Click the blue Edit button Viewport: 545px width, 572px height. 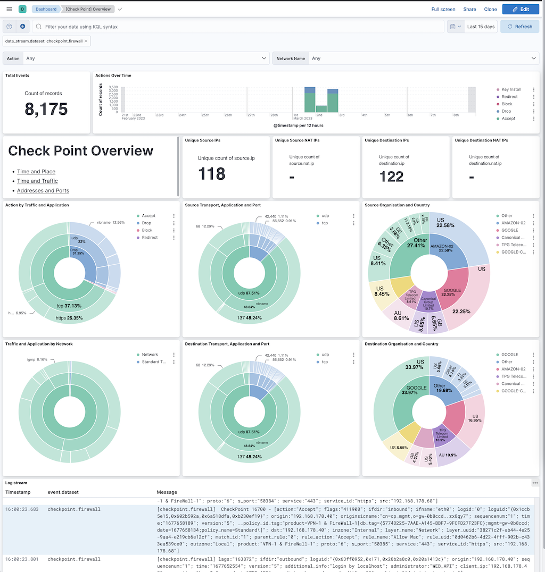pyautogui.click(x=521, y=9)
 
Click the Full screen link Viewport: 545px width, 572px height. pyautogui.click(x=443, y=9)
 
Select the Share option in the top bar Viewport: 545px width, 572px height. pyautogui.click(x=469, y=9)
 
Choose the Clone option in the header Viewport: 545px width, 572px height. pyautogui.click(x=490, y=9)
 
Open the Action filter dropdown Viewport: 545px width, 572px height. pyautogui.click(x=136, y=58)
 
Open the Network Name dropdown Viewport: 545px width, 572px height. pyautogui.click(x=406, y=58)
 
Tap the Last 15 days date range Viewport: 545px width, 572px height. pyautogui.click(x=481, y=27)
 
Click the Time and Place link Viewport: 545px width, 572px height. pyautogui.click(x=36, y=172)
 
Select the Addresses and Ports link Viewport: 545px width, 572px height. pyautogui.click(x=43, y=191)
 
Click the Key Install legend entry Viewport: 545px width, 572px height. pyautogui.click(x=511, y=90)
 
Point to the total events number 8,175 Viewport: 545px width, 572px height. pyautogui.click(x=46, y=109)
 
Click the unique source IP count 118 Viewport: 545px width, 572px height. pyautogui.click(x=211, y=173)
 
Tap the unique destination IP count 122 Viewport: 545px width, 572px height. pyautogui.click(x=391, y=176)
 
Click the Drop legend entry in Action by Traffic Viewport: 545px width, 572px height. pyautogui.click(x=146, y=223)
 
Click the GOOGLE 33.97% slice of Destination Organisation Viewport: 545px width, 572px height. pyautogui.click(x=416, y=390)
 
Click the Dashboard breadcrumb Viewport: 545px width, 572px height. pyautogui.click(x=46, y=9)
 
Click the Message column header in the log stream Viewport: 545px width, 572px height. pyautogui.click(x=167, y=492)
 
